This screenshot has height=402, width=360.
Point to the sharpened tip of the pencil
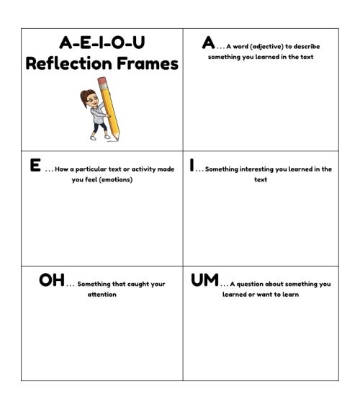point(119,138)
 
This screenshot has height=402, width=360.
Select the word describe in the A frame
point(306,47)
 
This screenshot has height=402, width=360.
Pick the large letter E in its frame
point(35,166)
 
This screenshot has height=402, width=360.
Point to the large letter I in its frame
point(192,166)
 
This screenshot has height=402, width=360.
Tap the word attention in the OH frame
point(102,295)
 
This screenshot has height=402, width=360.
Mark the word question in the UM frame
point(254,284)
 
